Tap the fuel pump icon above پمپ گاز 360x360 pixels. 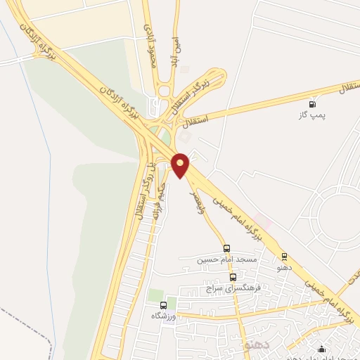click(x=311, y=104)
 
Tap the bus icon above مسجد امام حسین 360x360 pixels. click(x=226, y=248)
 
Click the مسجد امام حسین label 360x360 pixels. click(x=227, y=259)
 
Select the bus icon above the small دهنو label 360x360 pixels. click(x=284, y=257)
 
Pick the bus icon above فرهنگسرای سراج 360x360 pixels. click(x=233, y=277)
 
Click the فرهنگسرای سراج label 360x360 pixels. click(x=233, y=288)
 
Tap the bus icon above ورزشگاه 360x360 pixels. click(x=164, y=305)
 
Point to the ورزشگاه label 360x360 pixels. click(x=164, y=316)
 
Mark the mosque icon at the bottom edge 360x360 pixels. click(x=322, y=349)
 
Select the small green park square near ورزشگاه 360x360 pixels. click(x=156, y=296)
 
